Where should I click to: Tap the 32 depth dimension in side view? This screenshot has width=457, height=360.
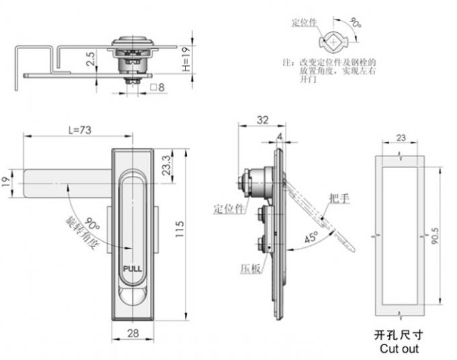(x=263, y=121)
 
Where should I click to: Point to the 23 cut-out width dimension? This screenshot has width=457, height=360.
(x=400, y=138)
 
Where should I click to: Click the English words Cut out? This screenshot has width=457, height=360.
(x=399, y=349)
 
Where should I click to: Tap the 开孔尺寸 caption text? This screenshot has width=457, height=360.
(x=399, y=334)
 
